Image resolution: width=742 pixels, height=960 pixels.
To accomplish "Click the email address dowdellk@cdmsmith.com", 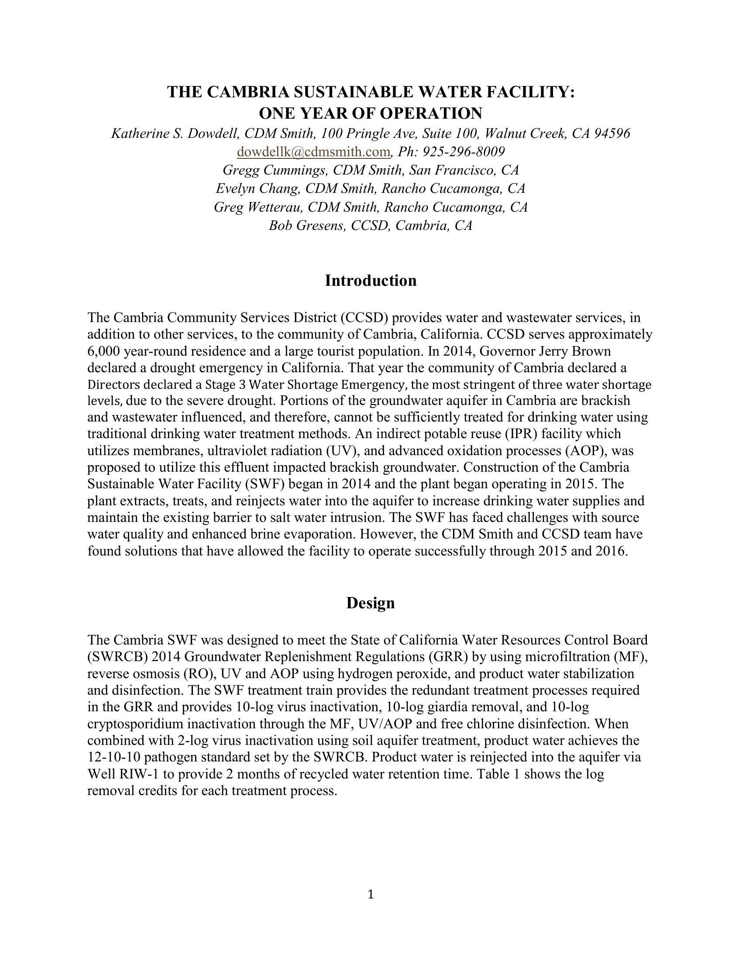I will point(313,152).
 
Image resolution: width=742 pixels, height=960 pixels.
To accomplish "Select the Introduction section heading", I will point(371,281).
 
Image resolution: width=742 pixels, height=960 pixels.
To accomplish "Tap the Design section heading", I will point(371,603).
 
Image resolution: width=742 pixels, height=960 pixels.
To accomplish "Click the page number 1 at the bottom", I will point(371,895).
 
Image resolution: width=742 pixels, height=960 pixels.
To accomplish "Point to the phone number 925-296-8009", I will point(463,152).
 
